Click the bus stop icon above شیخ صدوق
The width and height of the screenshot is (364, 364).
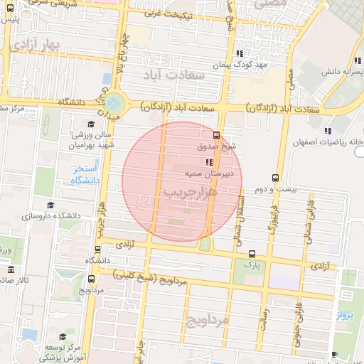click(216, 135)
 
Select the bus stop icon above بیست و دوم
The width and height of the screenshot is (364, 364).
click(275, 178)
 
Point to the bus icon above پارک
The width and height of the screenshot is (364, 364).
click(252, 254)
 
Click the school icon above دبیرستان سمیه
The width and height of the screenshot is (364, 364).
click(208, 162)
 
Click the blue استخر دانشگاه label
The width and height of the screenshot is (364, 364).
click(85, 175)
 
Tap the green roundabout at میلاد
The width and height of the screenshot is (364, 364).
click(114, 104)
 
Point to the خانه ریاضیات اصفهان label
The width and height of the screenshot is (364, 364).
click(328, 142)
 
